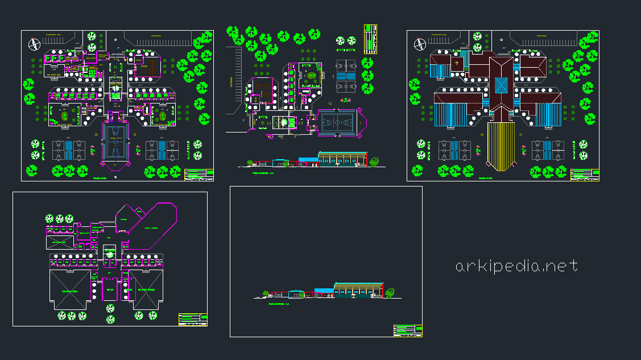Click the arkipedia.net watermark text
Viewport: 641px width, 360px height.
pos(516,266)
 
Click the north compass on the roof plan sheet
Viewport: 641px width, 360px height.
pos(421,44)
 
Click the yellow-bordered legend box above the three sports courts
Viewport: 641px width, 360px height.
pos(370,39)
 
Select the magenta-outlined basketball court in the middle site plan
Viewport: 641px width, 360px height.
pos(339,122)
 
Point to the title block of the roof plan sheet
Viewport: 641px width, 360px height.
pos(585,175)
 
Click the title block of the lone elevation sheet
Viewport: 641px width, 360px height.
pos(408,330)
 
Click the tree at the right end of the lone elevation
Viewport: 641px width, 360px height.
pos(390,293)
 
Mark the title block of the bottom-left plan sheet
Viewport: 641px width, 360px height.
pos(193,319)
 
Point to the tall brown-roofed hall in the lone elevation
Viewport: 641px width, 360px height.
pos(358,288)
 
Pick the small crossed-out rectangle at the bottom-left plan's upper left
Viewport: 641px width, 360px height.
pos(59,242)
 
